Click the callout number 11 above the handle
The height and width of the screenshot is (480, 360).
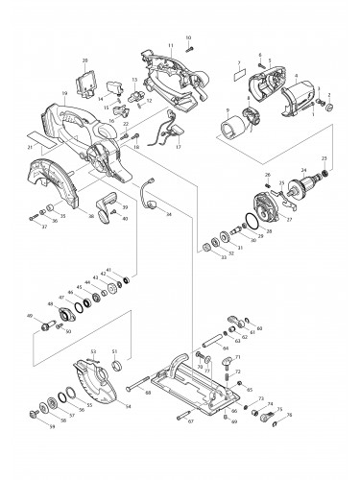[170, 45]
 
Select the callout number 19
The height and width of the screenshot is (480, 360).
[62, 94]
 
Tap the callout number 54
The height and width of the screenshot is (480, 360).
[128, 407]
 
